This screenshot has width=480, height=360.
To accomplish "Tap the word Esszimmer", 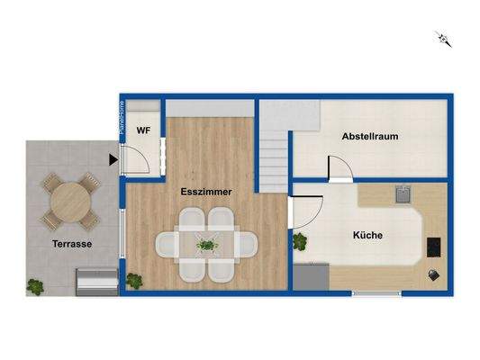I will pos(207,191).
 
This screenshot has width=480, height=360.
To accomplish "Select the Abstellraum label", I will pos(370,137).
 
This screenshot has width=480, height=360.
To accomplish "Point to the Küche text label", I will pos(367,235).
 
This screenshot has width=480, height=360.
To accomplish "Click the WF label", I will pos(143,131).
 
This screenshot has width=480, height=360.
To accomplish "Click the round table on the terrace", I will pos(69,202).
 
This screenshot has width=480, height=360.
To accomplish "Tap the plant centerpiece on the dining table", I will pos(207,243).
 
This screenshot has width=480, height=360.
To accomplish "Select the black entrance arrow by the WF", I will pos(113,160).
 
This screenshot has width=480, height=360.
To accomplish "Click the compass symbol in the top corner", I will pos(443,38).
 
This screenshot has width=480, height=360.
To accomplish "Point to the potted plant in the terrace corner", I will pos(35,286).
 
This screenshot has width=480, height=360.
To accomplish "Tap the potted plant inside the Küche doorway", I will pos(299,241).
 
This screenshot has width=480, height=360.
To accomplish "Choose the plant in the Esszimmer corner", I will pos(133,280).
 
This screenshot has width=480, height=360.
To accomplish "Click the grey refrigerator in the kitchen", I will pos(311,276).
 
